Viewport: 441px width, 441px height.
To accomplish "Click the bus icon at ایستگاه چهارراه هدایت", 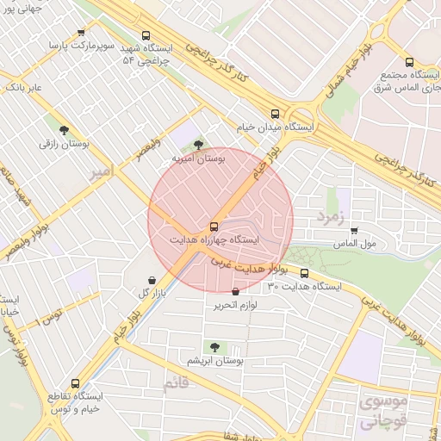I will click(213, 227).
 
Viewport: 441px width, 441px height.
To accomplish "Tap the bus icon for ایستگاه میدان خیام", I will click(276, 113).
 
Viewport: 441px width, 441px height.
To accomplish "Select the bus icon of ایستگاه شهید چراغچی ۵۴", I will click(146, 36).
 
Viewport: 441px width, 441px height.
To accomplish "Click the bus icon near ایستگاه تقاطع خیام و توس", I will click(76, 382).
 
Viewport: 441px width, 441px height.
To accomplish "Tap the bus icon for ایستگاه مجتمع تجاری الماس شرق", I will click(409, 62).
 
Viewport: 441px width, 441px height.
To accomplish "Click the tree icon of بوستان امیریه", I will click(199, 145).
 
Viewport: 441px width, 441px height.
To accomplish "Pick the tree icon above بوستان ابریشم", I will click(214, 346).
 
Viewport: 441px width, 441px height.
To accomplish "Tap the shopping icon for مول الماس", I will click(354, 230).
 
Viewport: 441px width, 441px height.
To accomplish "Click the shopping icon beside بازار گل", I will click(152, 280).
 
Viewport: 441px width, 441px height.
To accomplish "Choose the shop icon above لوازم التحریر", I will click(235, 293).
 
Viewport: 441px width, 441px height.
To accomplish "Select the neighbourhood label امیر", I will click(101, 173).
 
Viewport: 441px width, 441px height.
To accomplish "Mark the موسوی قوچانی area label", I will click(380, 412).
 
